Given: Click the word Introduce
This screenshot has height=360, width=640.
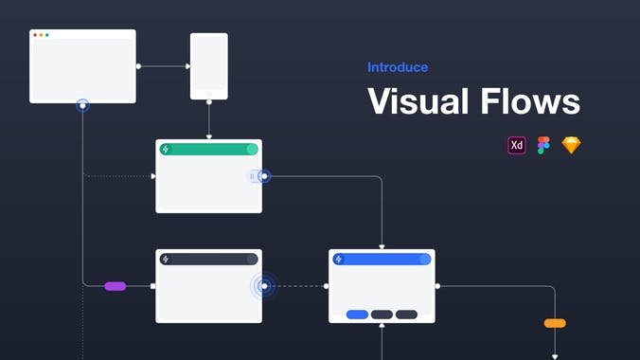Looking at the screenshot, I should click(398, 67).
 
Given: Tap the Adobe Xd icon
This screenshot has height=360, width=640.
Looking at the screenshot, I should click(517, 145).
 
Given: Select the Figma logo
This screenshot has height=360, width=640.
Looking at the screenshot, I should click(543, 145).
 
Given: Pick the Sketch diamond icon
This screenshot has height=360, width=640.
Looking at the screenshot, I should click(571, 145).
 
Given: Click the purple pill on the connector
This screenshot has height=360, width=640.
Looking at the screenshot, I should click(116, 285).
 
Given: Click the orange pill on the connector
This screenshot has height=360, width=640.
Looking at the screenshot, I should click(555, 323).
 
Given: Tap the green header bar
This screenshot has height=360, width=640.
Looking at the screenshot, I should click(208, 150).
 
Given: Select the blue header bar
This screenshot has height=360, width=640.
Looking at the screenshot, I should click(382, 259).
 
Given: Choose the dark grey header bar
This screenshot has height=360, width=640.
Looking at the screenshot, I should click(208, 259).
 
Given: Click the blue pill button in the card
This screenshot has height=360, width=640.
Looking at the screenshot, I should click(357, 315).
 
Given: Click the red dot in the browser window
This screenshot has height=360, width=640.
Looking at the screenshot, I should click(35, 35).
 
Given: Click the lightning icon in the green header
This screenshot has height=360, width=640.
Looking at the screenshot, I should click(166, 150).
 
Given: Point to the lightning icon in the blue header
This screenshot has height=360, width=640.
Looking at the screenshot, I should click(339, 259).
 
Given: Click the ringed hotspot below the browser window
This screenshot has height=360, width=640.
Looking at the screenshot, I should click(83, 106).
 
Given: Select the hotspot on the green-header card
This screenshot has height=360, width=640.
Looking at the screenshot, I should click(264, 176).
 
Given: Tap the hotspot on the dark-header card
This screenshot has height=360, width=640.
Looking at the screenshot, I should click(264, 285).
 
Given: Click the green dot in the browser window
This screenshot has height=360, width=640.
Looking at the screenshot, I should click(47, 35).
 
